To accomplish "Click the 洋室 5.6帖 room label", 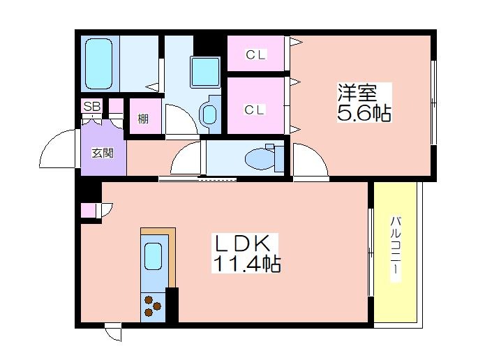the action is pos(364,103).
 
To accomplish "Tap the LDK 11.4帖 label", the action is pos(246,253).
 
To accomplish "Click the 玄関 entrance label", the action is pos(103,153).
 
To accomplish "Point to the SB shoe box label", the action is pos(91,107).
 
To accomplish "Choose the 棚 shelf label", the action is pos(143,119).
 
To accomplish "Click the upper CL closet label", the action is pos(255,55).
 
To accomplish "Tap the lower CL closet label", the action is pos(254,110).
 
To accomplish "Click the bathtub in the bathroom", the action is pos(98,63).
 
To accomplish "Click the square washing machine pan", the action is pos(205,72).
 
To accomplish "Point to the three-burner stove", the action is pos(153,306).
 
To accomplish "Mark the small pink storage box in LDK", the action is pos(88,210).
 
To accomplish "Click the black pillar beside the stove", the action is pos(172,305).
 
